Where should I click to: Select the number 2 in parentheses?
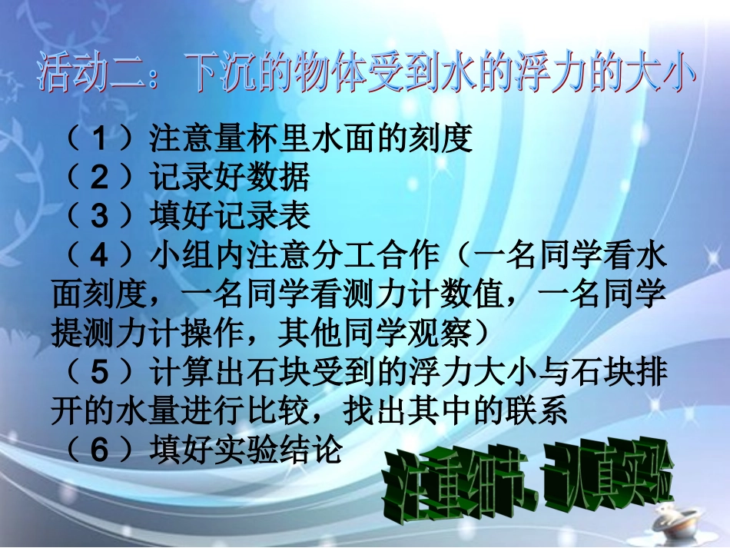[x=100, y=178]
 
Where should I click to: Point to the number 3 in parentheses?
[x=100, y=218]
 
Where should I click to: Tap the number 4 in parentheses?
[x=100, y=257]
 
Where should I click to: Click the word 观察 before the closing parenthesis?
[x=443, y=334]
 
